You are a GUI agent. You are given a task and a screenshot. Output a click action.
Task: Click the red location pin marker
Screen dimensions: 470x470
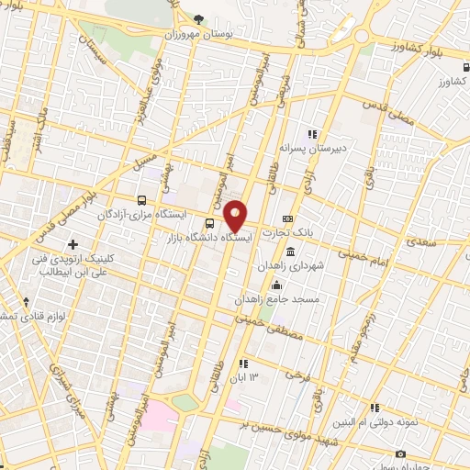coord(236,215)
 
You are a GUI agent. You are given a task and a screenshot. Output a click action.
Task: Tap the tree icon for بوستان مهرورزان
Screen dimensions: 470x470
coord(199,18)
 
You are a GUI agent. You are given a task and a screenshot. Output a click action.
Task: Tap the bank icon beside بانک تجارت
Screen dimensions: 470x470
coord(287,219)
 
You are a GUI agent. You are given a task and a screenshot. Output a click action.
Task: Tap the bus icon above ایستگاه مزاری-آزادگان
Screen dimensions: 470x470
coord(141,199)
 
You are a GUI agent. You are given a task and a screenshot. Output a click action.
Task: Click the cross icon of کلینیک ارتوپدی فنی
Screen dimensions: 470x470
coord(73,243)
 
